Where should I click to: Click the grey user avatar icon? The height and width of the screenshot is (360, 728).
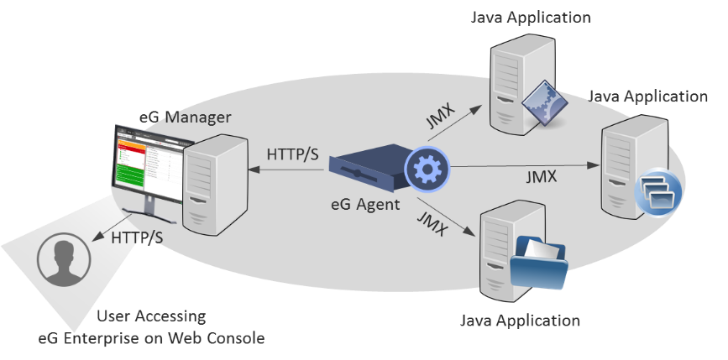click(x=60, y=261)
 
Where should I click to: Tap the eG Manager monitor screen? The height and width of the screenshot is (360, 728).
click(x=148, y=164)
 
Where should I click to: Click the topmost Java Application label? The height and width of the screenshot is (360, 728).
click(x=532, y=17)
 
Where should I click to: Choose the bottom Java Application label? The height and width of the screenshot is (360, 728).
click(x=521, y=321)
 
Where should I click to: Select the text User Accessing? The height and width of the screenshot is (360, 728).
click(x=151, y=316)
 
